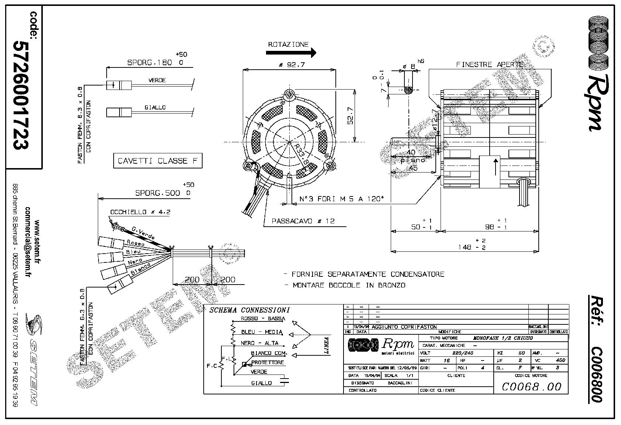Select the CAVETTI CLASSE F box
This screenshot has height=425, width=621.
[158, 161]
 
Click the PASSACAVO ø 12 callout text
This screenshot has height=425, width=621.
[303, 221]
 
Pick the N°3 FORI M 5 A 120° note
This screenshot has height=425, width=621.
[342, 199]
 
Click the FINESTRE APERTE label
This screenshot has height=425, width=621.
[490, 65]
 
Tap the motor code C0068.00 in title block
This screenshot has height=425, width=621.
[532, 386]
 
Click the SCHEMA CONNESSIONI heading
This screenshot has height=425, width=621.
[249, 310]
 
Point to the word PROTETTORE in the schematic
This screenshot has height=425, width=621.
[268, 362]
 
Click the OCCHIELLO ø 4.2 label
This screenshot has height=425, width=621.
[140, 212]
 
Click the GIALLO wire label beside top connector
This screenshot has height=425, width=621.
[155, 107]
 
